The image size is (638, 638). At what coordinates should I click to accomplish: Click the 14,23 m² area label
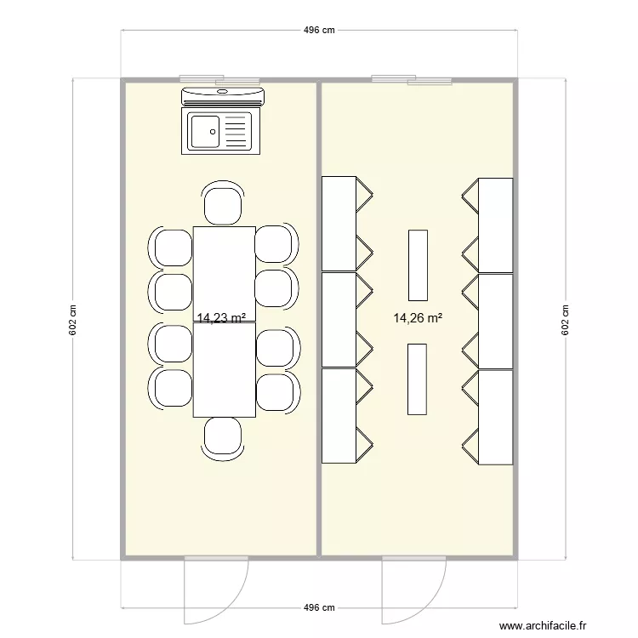(x=221, y=318)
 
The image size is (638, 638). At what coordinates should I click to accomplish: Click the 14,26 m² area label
(x=417, y=318)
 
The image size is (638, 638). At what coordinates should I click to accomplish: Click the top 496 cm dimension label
(x=319, y=30)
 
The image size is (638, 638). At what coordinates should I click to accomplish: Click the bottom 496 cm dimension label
(x=319, y=607)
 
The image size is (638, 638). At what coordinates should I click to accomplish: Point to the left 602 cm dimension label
(x=73, y=320)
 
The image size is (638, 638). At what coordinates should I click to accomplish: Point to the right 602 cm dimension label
(x=564, y=320)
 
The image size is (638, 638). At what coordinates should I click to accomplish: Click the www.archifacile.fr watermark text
(x=543, y=625)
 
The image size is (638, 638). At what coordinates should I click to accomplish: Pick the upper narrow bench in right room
(x=417, y=265)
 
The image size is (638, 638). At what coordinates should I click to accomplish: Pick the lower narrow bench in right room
(x=417, y=379)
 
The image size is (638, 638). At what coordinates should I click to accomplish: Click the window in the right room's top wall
(x=411, y=80)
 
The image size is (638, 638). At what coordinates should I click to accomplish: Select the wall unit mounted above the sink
(x=223, y=96)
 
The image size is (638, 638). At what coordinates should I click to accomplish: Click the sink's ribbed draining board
(x=238, y=132)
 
